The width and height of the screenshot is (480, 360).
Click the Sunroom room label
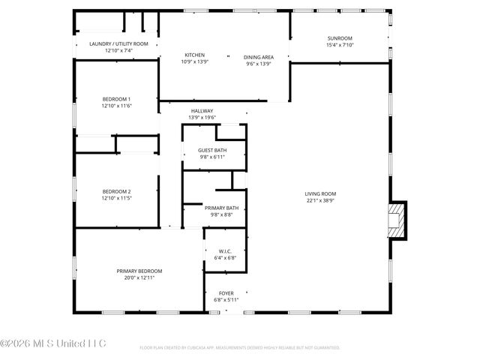click(340, 38)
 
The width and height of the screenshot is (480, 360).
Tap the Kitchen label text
click(195, 55)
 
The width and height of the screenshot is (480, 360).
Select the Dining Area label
click(258, 57)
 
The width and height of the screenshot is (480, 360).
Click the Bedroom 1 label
click(116, 99)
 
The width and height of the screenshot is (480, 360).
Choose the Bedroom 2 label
click(116, 192)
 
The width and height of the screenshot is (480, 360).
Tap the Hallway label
click(202, 111)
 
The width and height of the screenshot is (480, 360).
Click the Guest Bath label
click(212, 149)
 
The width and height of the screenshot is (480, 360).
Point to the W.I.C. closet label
click(224, 251)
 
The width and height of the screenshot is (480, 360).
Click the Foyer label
click(226, 292)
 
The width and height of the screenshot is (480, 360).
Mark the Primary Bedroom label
click(139, 271)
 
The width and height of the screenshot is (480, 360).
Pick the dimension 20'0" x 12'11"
click(139, 277)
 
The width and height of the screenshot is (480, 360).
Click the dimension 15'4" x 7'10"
click(340, 45)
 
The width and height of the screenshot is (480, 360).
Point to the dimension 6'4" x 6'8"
click(224, 258)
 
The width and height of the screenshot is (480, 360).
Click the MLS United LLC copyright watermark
click(53, 343)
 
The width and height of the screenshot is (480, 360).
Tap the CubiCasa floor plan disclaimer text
click(239, 348)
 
